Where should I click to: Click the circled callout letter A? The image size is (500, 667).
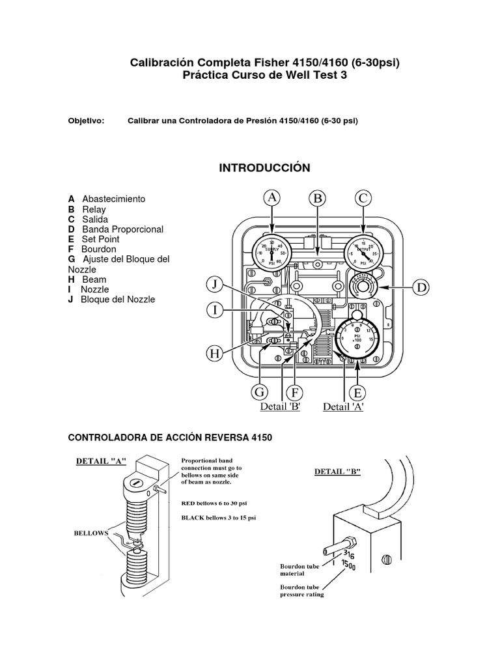[x=273, y=198]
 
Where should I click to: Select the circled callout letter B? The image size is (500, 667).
[x=317, y=198]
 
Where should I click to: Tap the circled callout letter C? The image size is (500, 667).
[x=363, y=198]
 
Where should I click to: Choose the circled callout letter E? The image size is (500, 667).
[x=357, y=392]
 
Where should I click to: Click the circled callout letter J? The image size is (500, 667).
[x=214, y=284]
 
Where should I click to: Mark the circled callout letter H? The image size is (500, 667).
[x=214, y=354]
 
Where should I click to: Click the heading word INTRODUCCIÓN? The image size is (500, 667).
[x=264, y=168]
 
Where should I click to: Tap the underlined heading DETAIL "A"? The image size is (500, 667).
[x=101, y=461]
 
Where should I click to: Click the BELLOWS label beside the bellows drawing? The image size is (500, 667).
[x=90, y=533]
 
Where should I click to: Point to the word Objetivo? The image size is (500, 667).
[x=86, y=121]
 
